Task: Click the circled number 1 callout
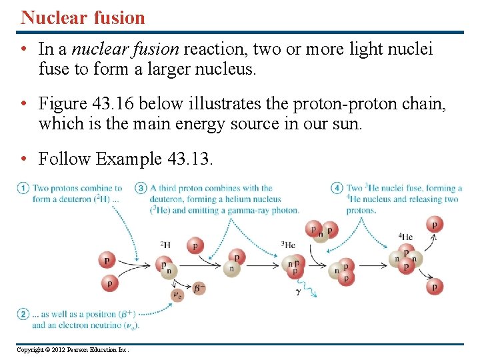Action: (23, 189)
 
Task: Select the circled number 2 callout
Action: (23, 313)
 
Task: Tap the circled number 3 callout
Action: (141, 189)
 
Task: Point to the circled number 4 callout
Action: (337, 189)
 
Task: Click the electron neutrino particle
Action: (177, 294)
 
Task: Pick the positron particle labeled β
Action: (199, 288)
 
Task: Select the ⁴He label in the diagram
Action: (405, 237)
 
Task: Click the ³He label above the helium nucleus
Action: (288, 244)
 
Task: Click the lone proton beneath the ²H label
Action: (195, 245)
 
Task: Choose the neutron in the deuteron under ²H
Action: (169, 271)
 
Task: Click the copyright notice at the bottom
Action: (73, 349)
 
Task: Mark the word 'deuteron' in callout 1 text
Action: (68, 199)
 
